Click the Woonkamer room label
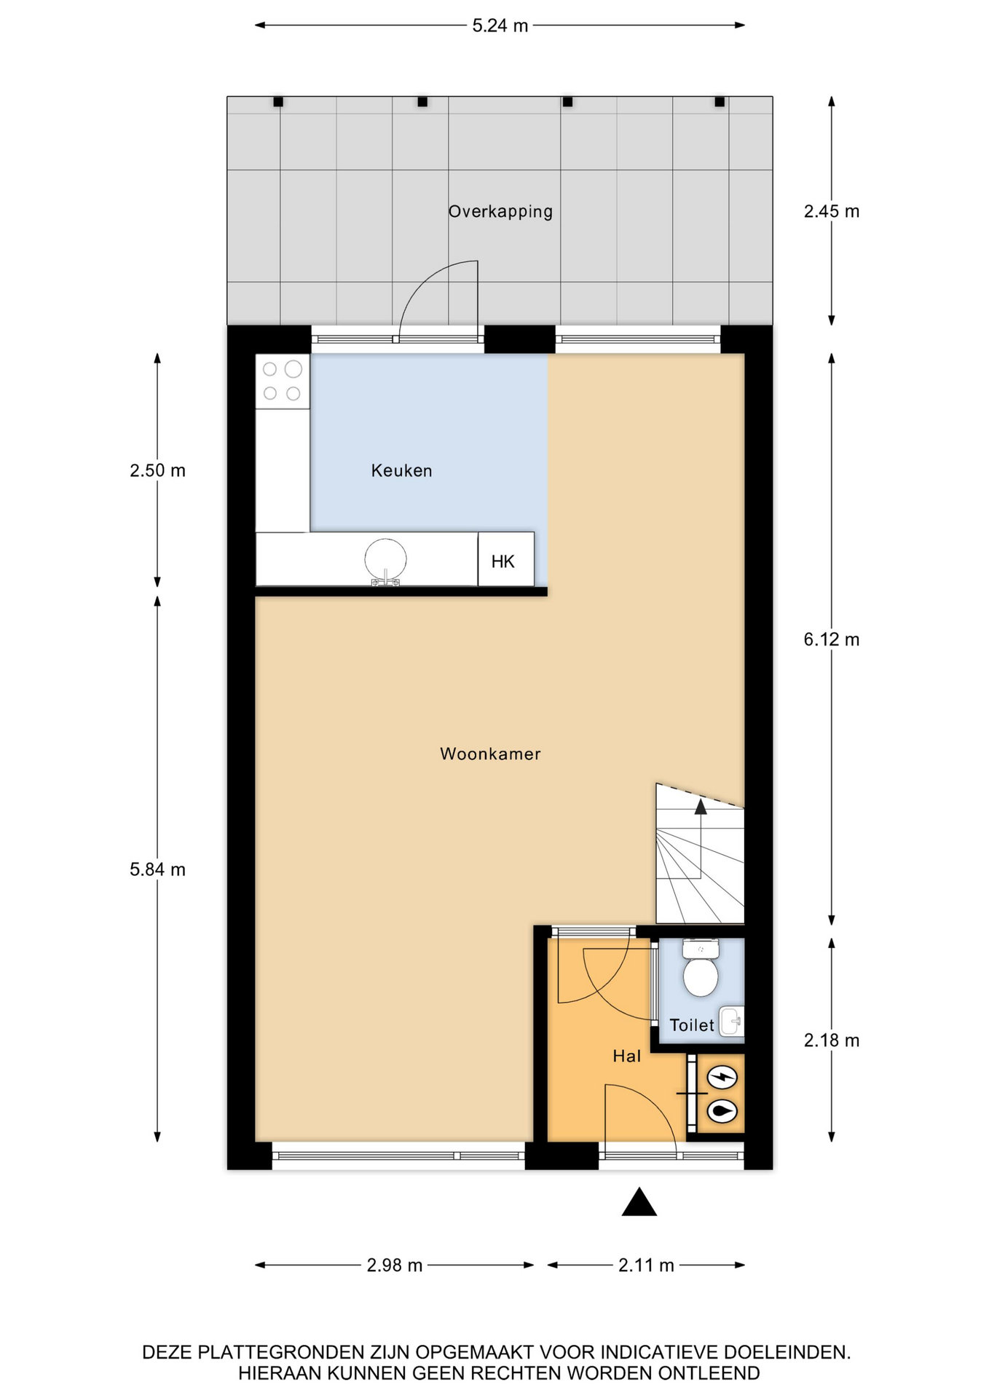490,754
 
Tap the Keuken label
401,470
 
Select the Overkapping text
500,211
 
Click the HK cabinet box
505,559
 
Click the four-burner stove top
283,382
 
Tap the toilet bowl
701,968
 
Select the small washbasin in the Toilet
731,1022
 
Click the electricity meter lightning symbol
722,1075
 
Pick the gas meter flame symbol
722,1111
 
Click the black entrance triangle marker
639,1202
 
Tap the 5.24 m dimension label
500,25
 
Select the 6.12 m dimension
831,639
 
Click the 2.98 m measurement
394,1265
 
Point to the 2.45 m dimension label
831,211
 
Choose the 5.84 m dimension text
157,869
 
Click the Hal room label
626,1056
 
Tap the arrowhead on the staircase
701,806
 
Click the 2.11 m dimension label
646,1265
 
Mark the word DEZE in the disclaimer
168,1352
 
